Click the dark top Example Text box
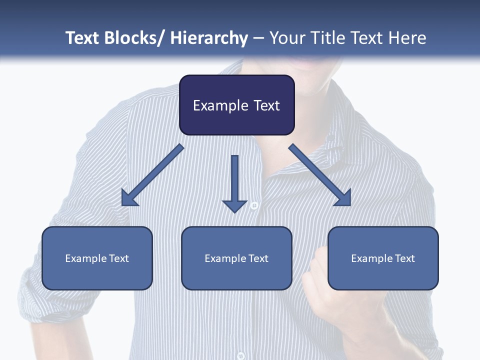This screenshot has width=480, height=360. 236,105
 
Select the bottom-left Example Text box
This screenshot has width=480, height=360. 97,258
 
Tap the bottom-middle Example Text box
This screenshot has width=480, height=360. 236,258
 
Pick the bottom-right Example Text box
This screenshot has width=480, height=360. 383,258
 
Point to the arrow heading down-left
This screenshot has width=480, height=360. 152,175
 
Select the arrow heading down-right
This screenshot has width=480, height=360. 320,175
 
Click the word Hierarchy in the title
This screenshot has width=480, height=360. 209,38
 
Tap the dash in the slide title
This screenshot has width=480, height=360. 258,38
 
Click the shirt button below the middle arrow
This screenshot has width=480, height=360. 254,205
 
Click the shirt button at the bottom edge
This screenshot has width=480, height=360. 240,355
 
